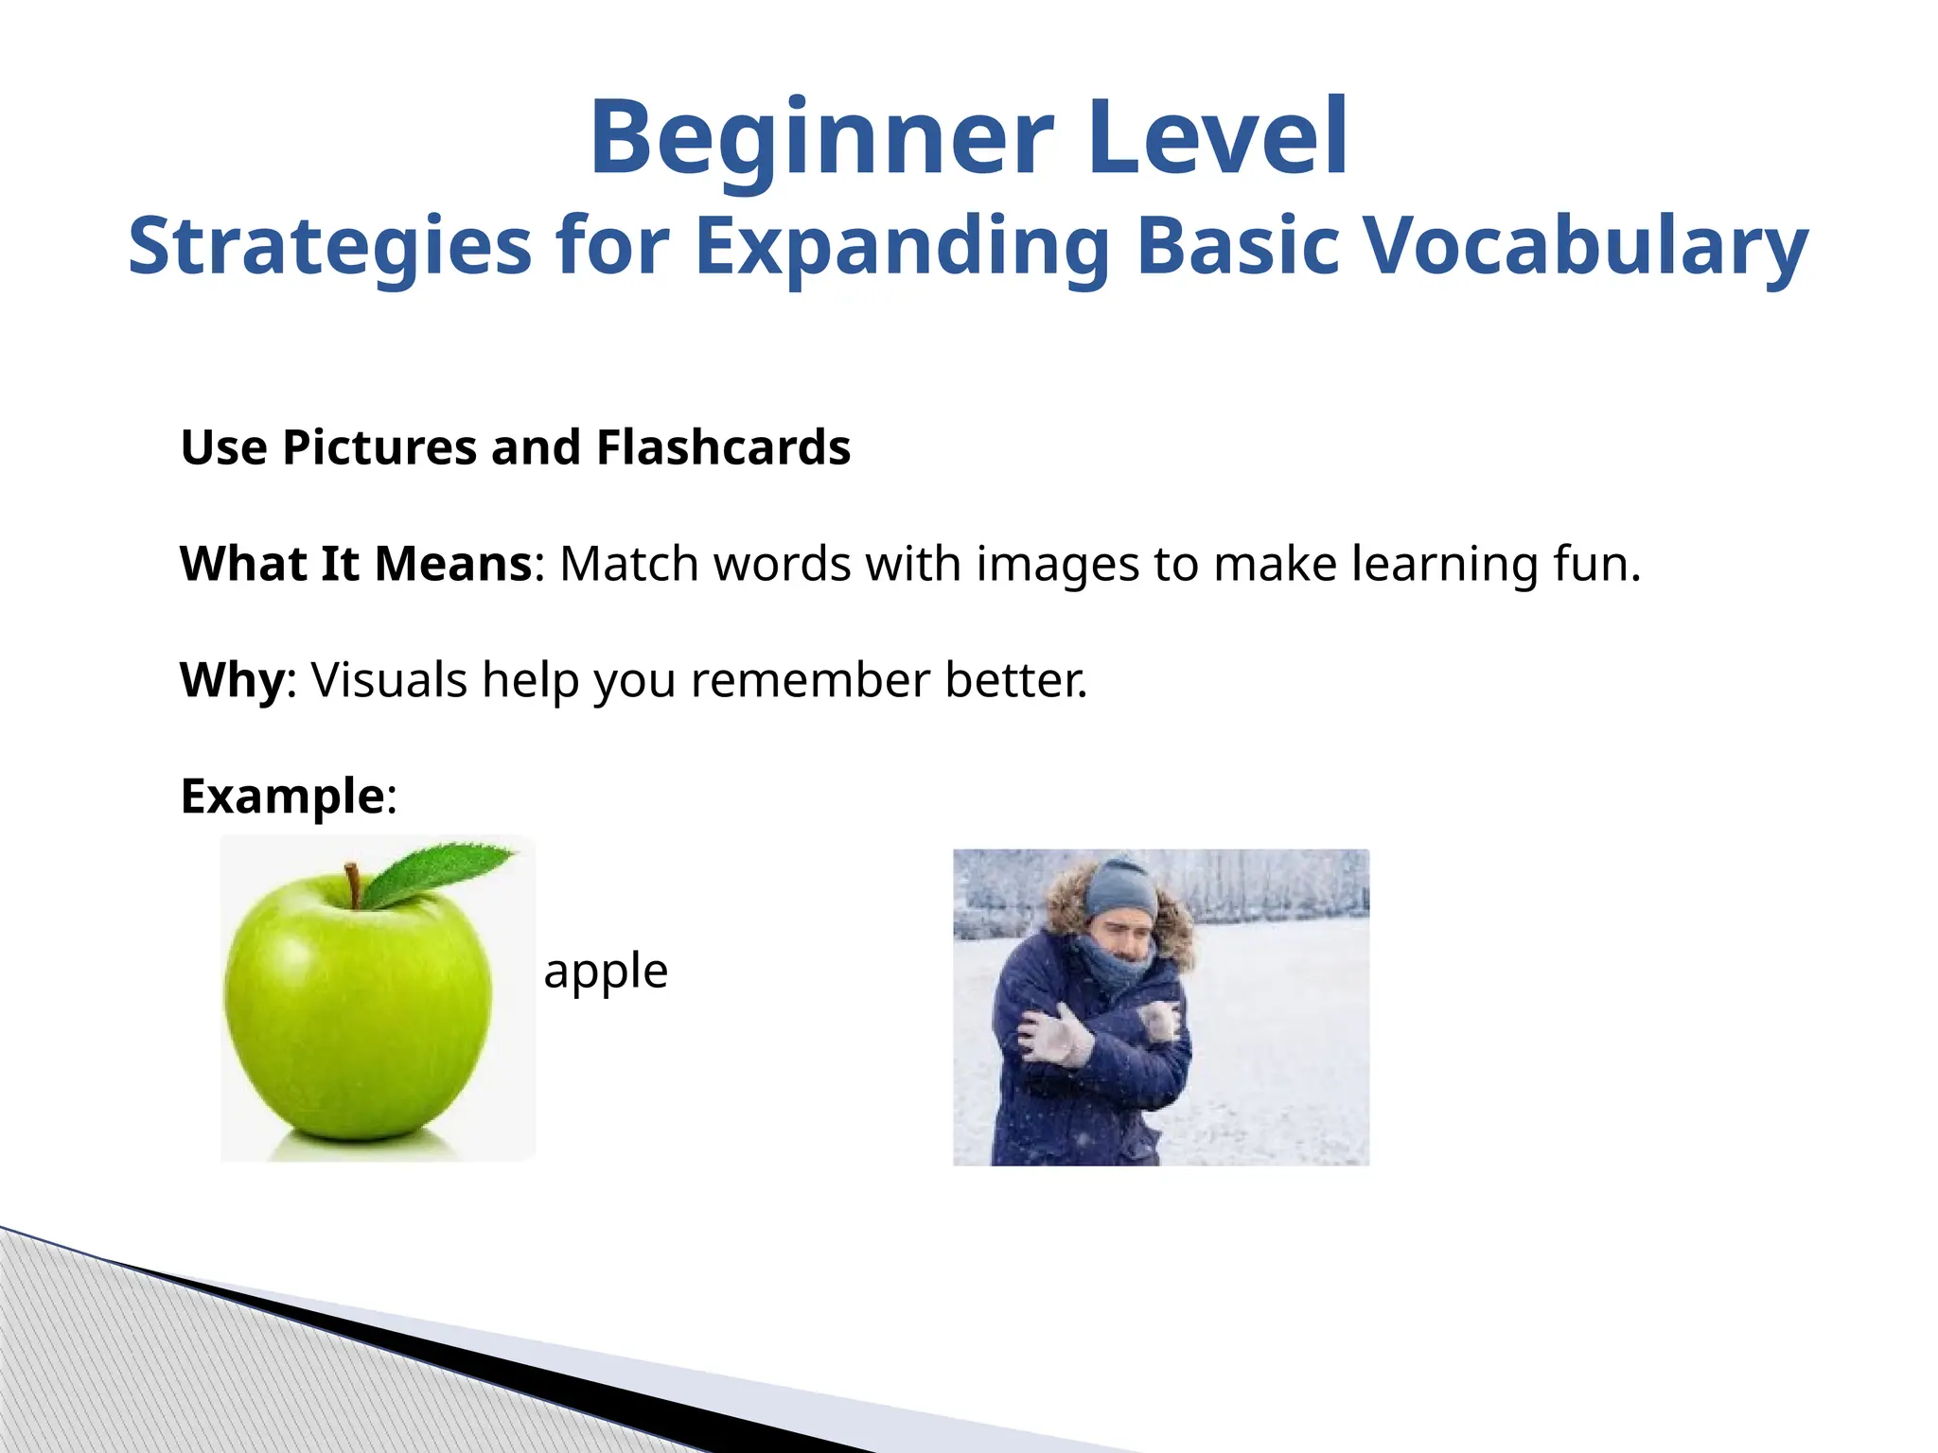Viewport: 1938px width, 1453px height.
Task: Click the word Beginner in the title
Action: pos(820,140)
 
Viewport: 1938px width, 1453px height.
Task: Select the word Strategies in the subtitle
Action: pos(329,246)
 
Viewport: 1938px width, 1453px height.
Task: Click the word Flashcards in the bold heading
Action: pos(723,447)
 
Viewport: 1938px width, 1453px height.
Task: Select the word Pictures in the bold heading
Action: pos(379,447)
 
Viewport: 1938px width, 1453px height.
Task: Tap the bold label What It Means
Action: pos(356,564)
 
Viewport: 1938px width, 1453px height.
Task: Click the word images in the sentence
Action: pos(1057,564)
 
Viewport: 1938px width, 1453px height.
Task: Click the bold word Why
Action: pos(232,680)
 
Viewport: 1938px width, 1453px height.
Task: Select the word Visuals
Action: pos(389,680)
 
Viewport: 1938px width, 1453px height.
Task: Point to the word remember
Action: pos(810,680)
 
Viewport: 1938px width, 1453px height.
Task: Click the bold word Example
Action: pos(282,797)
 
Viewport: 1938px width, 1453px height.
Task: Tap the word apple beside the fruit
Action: pos(606,972)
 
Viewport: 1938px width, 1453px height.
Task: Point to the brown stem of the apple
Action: pos(353,884)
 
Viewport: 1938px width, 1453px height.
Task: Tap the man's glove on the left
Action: pos(1058,1036)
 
